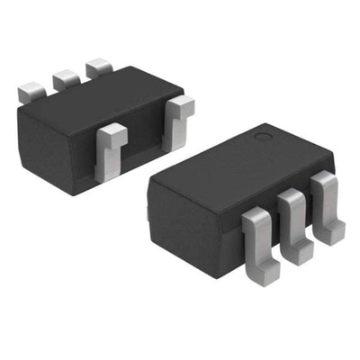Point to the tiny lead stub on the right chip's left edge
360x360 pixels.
pos(148,214)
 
